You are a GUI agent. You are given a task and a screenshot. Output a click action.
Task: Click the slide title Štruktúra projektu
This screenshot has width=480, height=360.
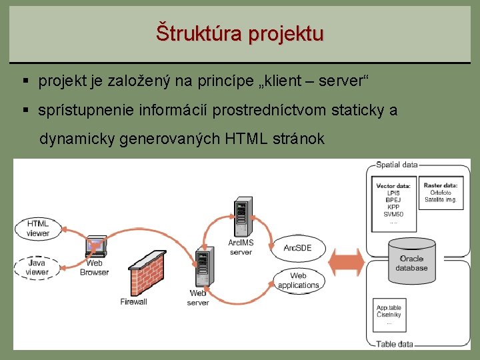click(240, 33)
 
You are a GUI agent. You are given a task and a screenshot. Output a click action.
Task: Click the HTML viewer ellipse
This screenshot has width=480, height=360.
click(37, 228)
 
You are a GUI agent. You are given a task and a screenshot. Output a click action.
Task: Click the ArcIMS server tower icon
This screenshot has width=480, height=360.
click(241, 217)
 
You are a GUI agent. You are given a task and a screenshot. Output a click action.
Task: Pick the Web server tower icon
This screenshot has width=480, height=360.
click(201, 267)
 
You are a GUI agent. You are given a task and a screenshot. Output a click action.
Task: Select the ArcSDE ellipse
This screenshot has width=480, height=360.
click(298, 247)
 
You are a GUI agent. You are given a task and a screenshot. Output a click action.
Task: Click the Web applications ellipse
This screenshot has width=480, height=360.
click(298, 281)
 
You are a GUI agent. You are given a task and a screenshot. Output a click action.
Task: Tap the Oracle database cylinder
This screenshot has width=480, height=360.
click(411, 257)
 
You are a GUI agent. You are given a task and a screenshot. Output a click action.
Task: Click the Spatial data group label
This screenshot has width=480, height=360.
click(397, 164)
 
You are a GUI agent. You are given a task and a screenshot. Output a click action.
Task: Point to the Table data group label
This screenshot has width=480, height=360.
click(395, 344)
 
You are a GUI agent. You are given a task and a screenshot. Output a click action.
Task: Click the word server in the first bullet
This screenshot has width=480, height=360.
click(341, 81)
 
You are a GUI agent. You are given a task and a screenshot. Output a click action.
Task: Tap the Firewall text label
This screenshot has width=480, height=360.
click(133, 301)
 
